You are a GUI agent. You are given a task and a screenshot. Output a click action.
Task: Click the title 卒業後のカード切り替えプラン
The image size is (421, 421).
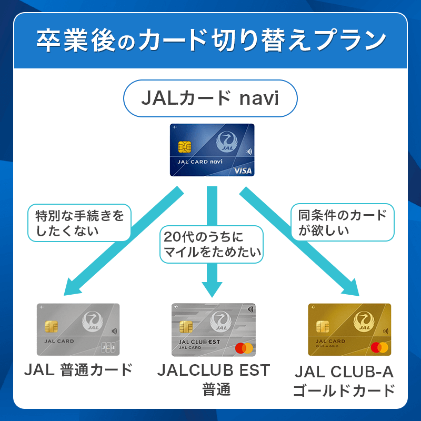210,41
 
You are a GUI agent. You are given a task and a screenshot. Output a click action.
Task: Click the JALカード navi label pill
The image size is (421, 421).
210,98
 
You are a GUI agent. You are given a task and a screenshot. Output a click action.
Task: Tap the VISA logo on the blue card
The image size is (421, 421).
244,171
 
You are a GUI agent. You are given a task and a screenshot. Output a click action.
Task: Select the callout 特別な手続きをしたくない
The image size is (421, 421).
78,223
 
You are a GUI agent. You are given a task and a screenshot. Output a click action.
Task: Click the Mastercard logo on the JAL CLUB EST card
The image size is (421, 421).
245,348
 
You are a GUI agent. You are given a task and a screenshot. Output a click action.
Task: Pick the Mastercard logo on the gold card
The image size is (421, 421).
379,347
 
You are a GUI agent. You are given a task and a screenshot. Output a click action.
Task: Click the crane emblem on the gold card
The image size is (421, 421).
364,322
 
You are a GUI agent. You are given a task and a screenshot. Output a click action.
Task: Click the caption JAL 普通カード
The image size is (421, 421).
78,369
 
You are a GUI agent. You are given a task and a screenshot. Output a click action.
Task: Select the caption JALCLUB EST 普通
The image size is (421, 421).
213,379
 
